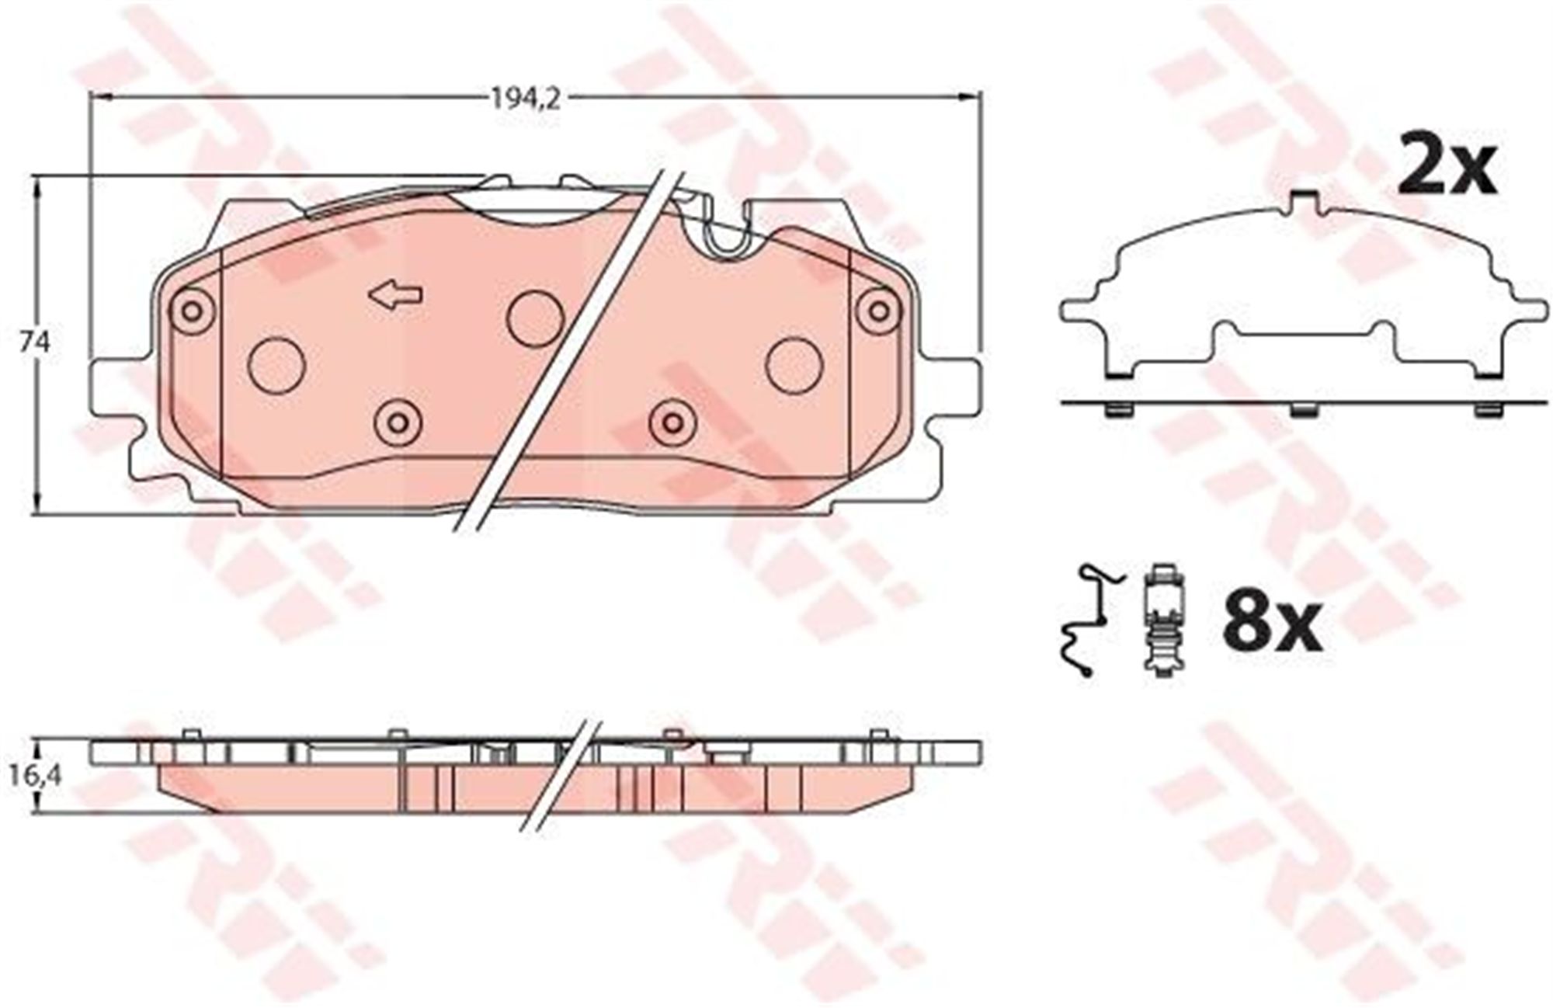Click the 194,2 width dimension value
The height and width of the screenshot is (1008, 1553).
click(x=526, y=99)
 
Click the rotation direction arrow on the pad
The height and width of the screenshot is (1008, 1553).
click(x=396, y=295)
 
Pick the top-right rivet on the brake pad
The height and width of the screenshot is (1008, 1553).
click(x=879, y=311)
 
